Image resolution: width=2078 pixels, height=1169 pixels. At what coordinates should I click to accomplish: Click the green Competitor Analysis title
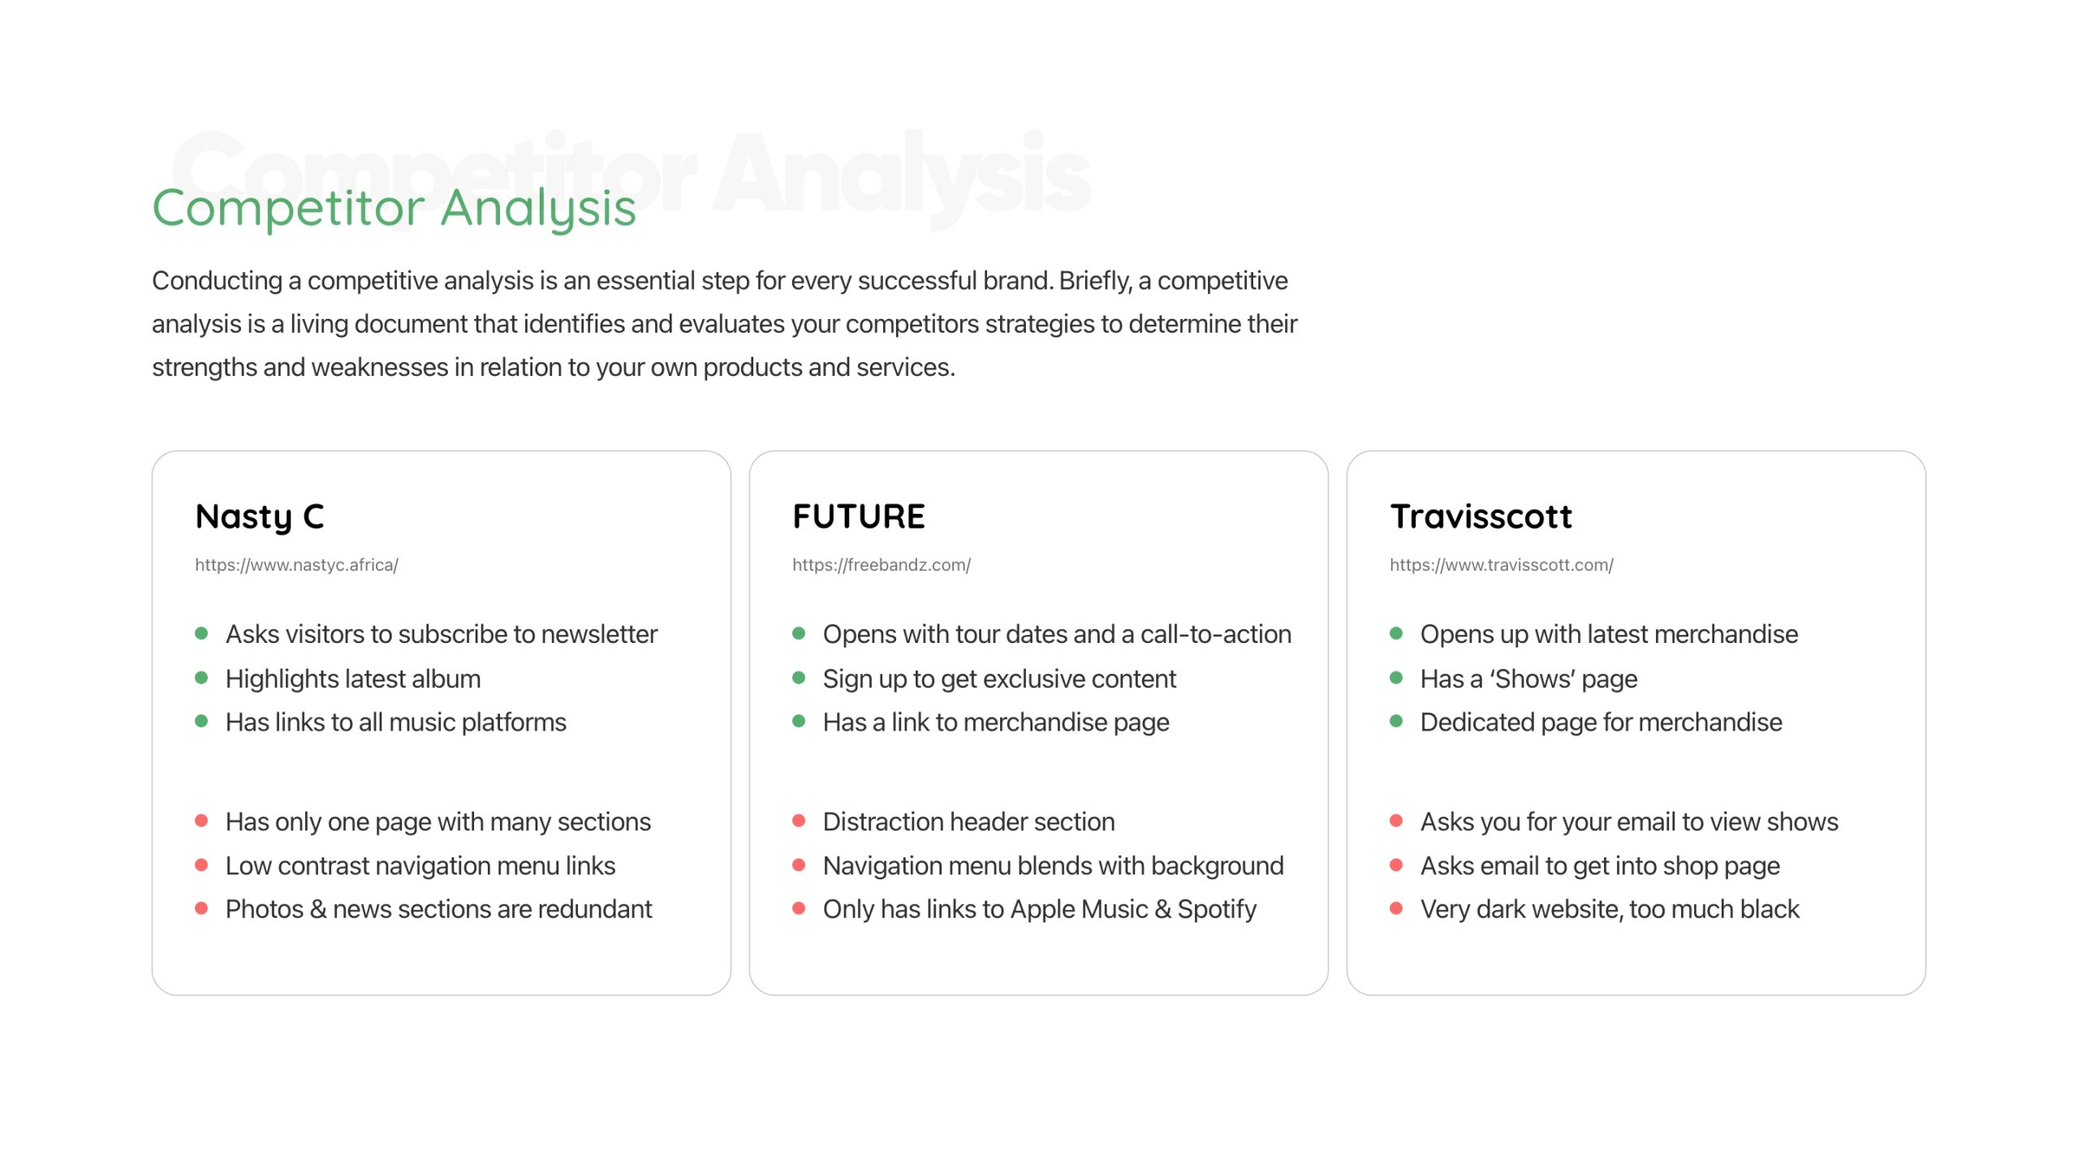pos(394,208)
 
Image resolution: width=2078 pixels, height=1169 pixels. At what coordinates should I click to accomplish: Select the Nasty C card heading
pos(260,517)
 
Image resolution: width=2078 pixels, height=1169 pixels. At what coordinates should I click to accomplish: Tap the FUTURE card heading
pos(859,516)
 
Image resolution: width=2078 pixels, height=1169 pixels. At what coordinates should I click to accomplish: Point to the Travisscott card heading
pos(1481,516)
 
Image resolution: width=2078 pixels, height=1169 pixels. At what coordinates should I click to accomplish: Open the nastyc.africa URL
pos(296,565)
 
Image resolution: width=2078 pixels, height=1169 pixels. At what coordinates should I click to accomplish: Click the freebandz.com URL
pos(882,565)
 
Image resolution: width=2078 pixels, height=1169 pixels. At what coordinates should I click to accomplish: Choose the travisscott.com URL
pos(1502,565)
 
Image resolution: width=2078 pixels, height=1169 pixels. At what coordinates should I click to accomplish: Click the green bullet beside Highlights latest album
pos(201,678)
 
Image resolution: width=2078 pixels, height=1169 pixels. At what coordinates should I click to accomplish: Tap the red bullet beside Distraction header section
pos(799,821)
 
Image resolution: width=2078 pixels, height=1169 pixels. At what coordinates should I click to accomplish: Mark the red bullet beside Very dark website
pos(1396,908)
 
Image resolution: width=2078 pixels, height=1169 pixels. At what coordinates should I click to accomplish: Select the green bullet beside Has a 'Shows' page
pos(1396,678)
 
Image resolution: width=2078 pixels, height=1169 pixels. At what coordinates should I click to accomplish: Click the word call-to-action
pos(1216,634)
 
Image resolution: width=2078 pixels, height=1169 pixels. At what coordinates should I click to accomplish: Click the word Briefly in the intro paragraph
pos(1095,281)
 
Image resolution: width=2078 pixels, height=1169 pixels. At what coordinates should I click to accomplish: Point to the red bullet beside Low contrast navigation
pos(201,865)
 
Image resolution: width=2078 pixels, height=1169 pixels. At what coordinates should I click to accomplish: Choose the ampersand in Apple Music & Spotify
pos(1162,909)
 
